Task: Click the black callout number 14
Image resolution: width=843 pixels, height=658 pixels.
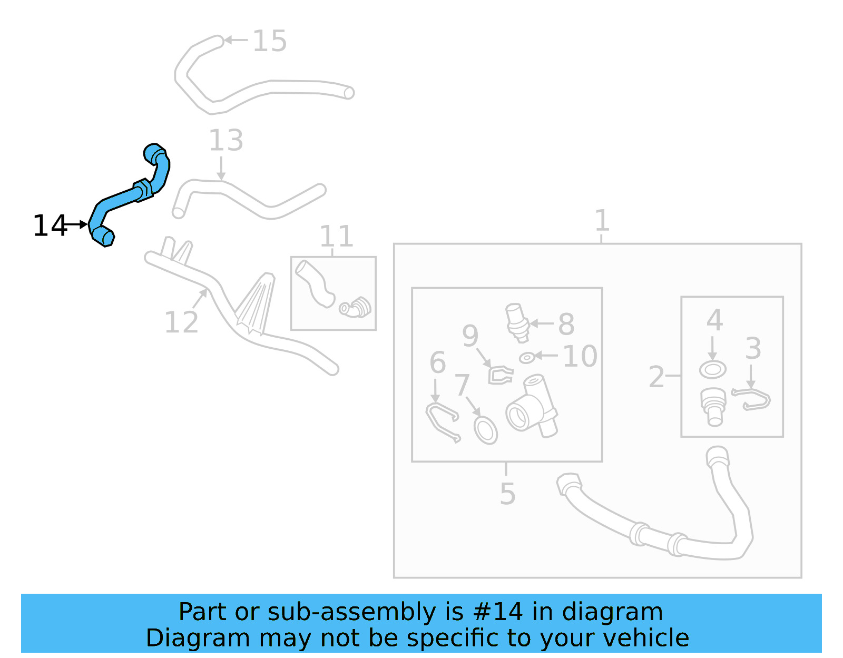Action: click(50, 226)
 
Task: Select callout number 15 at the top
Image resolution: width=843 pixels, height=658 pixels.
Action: click(269, 41)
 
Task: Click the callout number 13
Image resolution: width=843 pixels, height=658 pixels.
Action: click(226, 141)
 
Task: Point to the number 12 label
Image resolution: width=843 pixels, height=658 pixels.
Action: click(181, 322)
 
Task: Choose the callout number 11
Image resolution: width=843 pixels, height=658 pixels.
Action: click(336, 237)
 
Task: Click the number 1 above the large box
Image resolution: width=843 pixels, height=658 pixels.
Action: click(602, 220)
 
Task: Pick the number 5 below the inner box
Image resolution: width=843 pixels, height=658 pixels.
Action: click(507, 494)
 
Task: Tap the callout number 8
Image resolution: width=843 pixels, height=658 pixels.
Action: click(566, 324)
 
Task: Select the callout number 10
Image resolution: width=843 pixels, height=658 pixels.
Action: click(580, 357)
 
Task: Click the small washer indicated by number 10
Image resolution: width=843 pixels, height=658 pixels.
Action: click(527, 358)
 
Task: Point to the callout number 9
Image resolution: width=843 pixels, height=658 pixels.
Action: click(470, 336)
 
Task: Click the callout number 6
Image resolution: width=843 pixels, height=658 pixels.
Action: click(437, 362)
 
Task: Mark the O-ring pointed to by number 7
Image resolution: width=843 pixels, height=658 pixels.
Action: click(485, 430)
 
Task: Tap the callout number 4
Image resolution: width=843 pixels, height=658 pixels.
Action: click(714, 320)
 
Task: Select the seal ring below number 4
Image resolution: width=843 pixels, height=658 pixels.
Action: click(712, 369)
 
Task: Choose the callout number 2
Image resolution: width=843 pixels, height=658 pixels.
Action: click(656, 377)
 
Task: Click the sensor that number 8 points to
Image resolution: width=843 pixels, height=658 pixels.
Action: click(516, 321)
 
